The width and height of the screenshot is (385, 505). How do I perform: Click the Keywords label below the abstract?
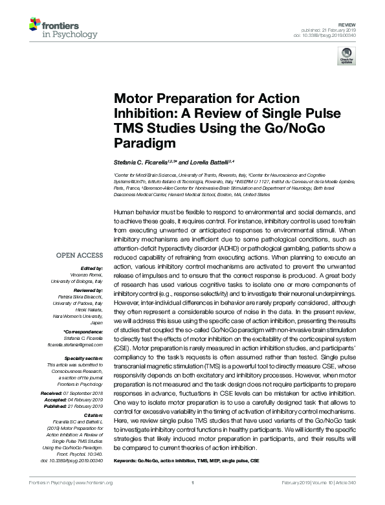coord(127,460)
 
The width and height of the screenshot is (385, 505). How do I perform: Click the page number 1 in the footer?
coord(193,482)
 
